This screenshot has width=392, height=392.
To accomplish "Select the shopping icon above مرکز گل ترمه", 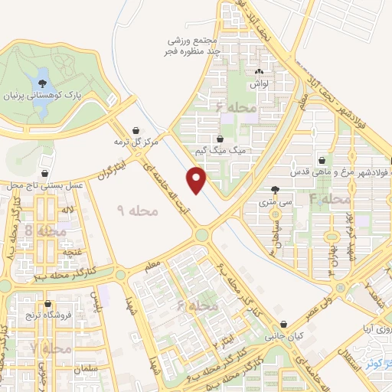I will coord(136,129).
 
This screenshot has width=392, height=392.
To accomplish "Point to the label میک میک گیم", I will coord(222,151).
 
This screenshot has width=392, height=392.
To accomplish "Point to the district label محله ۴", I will coord(329,199).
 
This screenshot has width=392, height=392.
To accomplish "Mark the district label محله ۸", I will coord(40,230).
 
